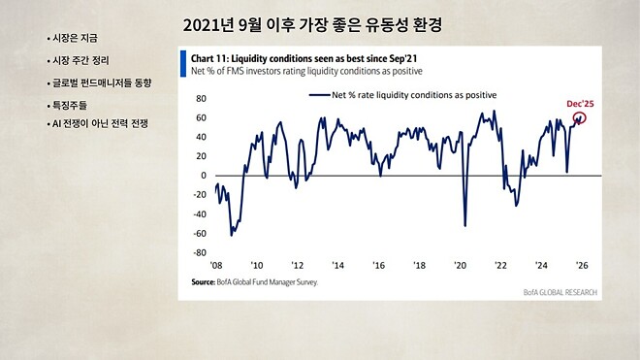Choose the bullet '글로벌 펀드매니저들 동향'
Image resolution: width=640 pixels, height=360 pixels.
click(101, 82)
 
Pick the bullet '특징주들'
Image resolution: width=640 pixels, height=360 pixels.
click(69, 105)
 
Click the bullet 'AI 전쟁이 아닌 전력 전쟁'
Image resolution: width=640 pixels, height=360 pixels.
click(99, 124)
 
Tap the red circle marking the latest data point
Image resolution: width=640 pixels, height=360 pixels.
click(581, 118)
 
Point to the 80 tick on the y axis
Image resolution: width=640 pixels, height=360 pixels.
click(202, 98)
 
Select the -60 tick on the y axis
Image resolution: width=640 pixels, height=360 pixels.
click(201, 233)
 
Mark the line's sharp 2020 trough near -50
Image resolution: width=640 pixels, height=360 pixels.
click(465, 225)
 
